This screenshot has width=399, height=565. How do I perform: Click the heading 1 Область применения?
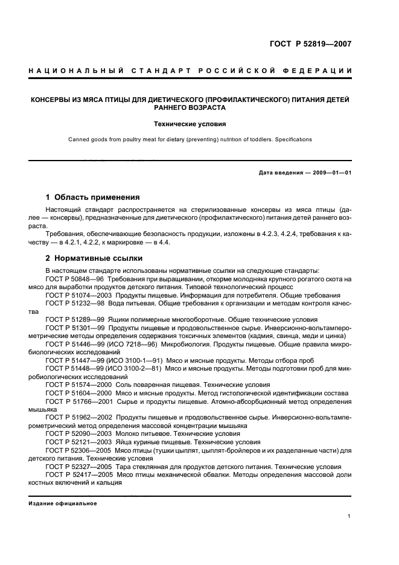93,197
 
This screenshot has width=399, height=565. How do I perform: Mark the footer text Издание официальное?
63,503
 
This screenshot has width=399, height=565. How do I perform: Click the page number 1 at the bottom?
350,516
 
